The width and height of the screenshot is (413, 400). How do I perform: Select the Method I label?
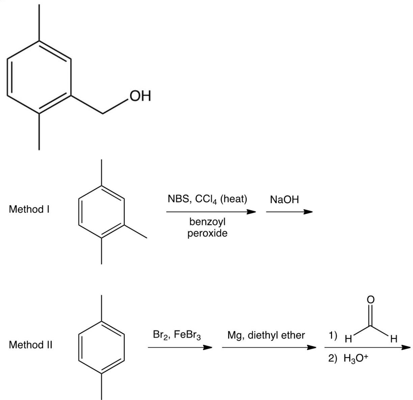(x=30, y=209)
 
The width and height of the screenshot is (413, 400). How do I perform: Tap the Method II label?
(x=31, y=345)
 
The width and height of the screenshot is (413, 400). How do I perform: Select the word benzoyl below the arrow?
(x=208, y=222)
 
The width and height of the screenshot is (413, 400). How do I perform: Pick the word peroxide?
(x=208, y=233)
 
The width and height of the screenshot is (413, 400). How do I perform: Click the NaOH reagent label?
(x=284, y=200)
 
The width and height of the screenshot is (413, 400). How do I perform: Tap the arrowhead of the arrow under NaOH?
(x=308, y=212)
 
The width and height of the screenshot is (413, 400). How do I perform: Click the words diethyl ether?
(x=276, y=335)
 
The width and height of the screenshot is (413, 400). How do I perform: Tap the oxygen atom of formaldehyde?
(x=370, y=299)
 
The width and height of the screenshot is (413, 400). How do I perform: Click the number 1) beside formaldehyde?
(x=333, y=336)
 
